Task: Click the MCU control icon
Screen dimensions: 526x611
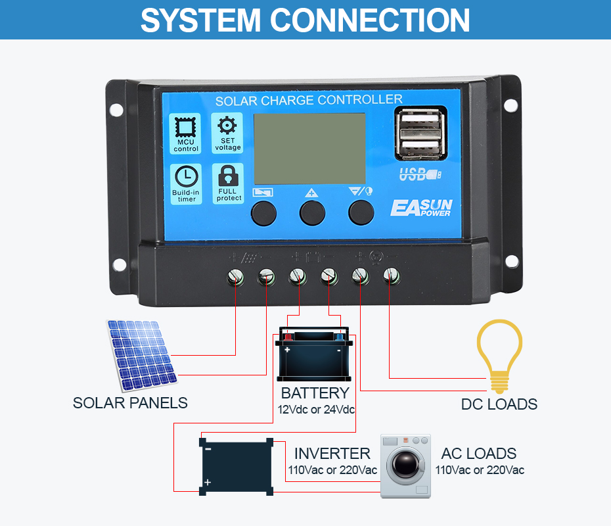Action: tap(186, 128)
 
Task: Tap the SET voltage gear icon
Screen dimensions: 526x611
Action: tap(227, 126)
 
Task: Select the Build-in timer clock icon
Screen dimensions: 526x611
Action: tap(187, 177)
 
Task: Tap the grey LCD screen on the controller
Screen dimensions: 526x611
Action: tap(309, 148)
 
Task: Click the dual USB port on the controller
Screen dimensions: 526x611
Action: tap(420, 134)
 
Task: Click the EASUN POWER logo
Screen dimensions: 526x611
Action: tap(421, 207)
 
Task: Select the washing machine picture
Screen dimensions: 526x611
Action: tap(406, 466)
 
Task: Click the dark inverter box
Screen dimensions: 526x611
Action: tap(237, 466)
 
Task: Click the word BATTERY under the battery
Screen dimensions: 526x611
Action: tap(315, 393)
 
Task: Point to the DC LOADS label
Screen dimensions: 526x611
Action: tap(499, 404)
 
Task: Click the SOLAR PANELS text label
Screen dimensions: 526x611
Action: tap(130, 402)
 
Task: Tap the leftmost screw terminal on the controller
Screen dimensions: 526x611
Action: tap(235, 277)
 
